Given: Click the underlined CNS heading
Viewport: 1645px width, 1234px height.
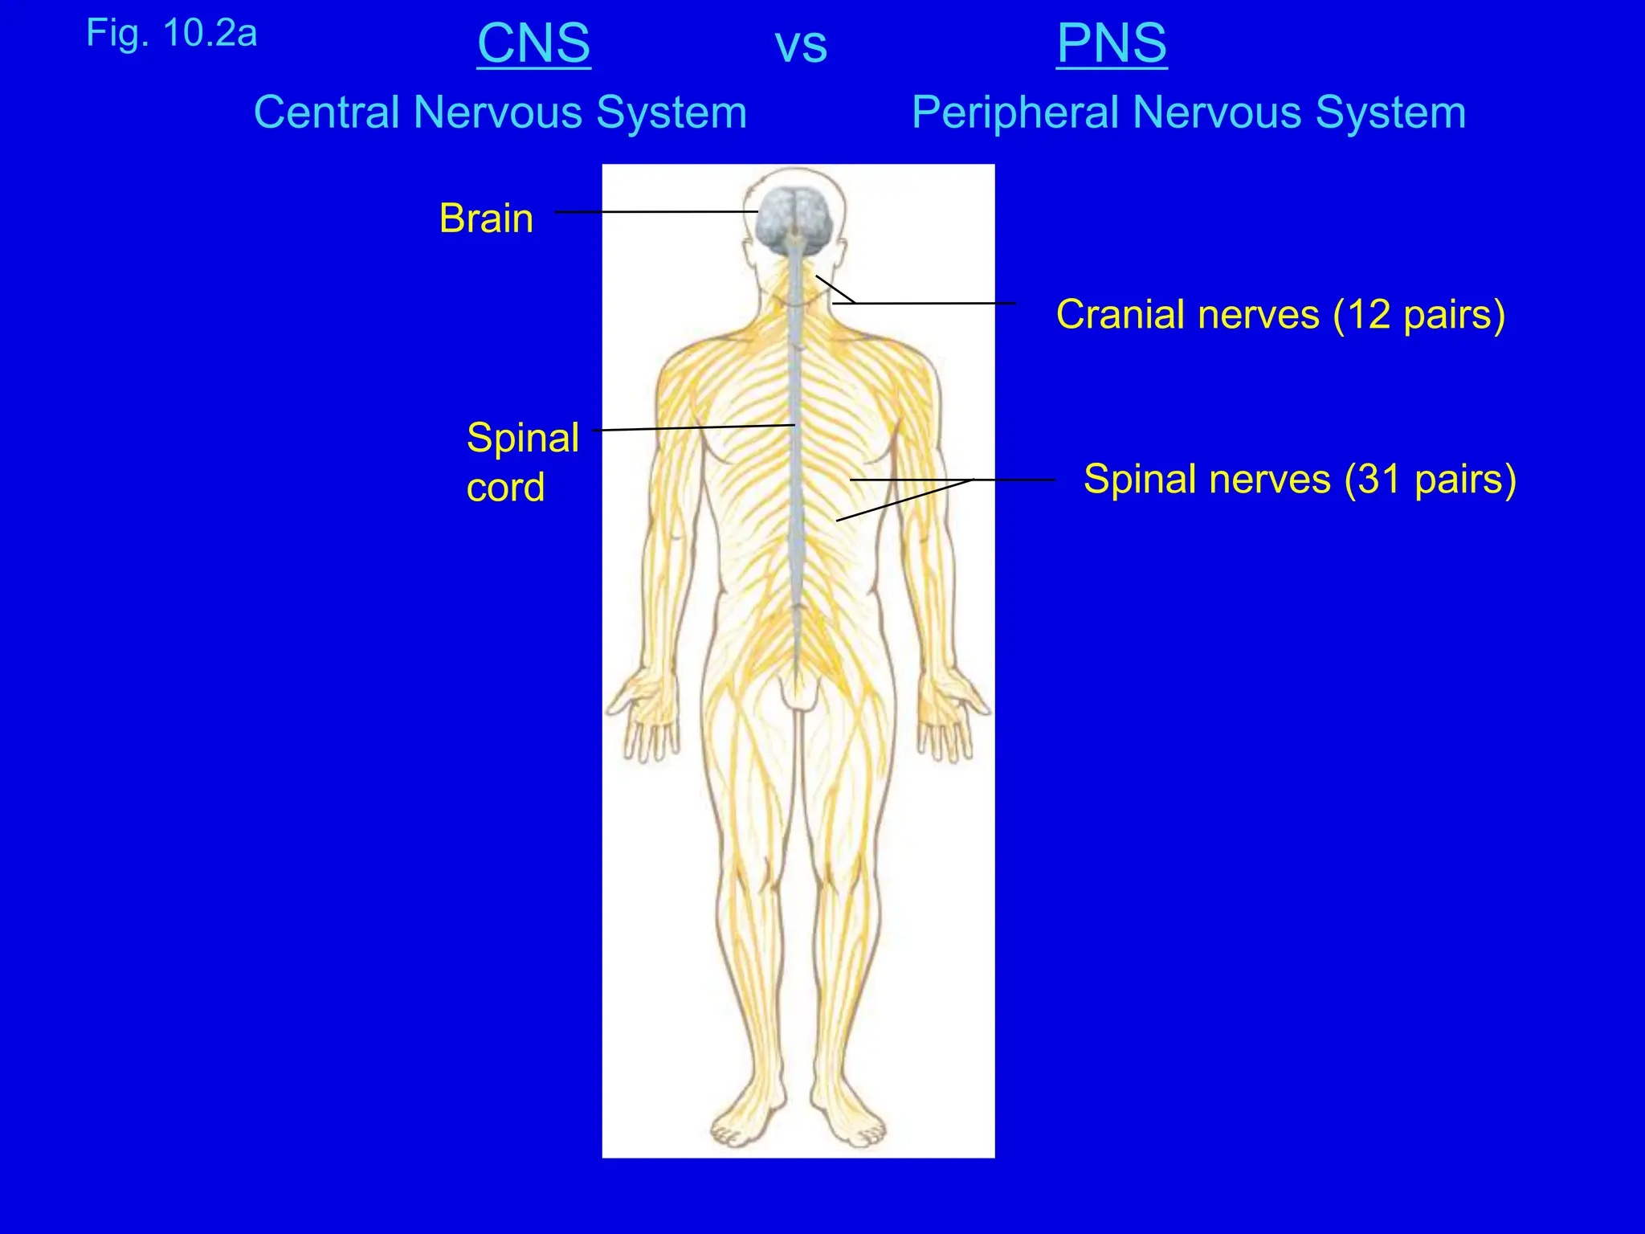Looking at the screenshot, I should pos(534,43).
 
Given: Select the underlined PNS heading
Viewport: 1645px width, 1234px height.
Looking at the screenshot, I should pos(1112,43).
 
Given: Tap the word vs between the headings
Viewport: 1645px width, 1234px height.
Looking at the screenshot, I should pos(801,47).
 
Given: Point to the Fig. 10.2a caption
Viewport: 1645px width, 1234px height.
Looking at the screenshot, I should pos(172,34).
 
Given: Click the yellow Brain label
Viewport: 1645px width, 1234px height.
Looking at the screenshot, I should pos(486,219).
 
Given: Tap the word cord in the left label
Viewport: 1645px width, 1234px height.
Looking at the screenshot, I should pos(505,488).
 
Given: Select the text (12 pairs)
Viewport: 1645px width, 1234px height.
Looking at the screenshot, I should pos(1418,315).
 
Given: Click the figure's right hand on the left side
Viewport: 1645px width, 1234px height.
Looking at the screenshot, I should pos(643,715).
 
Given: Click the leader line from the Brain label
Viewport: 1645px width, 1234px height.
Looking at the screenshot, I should pos(655,212).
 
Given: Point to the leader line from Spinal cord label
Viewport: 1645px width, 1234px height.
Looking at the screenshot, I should pos(695,427).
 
